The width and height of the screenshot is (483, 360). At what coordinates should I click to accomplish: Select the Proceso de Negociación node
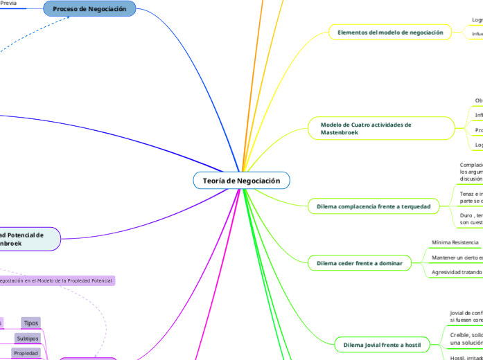89,9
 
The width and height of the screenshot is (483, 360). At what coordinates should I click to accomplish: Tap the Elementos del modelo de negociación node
389,33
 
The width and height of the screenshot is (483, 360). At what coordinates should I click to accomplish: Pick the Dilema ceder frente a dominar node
359,263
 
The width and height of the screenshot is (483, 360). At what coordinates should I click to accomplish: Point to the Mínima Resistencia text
455,242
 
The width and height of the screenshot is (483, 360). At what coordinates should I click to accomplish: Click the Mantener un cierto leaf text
457,258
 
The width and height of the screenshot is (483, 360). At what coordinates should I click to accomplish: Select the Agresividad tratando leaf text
457,272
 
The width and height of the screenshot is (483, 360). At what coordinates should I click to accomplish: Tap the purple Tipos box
30,323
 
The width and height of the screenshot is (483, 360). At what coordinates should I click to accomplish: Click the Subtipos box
28,339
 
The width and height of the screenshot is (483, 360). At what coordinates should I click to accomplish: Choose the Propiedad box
26,353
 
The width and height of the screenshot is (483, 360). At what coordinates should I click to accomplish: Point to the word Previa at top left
8,3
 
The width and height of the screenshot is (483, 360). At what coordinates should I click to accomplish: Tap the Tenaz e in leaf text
471,197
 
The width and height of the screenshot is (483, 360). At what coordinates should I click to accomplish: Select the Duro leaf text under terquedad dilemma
471,219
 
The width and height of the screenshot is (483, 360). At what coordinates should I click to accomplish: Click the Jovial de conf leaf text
466,316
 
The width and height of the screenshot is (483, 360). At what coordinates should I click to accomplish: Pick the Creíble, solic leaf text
466,339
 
